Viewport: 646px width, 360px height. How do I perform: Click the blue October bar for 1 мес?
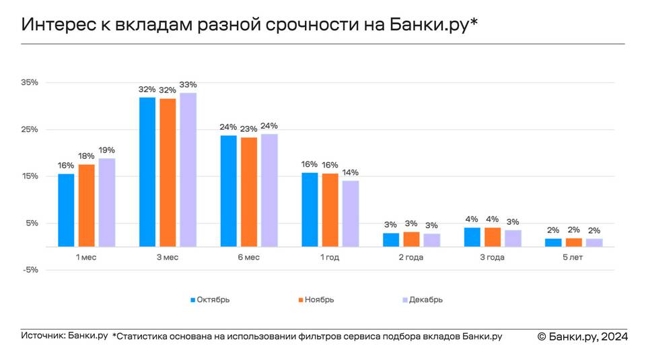pyautogui.click(x=66, y=210)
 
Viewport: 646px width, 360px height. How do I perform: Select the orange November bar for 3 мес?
pyautogui.click(x=168, y=172)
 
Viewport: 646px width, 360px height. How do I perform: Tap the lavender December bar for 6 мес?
pyautogui.click(x=269, y=190)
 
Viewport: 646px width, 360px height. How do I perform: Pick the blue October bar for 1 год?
pyautogui.click(x=310, y=209)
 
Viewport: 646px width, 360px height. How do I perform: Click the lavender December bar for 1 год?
pyautogui.click(x=351, y=213)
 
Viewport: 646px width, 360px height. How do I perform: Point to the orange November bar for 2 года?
pyautogui.click(x=411, y=239)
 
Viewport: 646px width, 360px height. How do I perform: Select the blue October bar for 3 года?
pyautogui.click(x=472, y=237)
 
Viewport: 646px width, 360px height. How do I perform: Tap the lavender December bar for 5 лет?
pyautogui.click(x=594, y=242)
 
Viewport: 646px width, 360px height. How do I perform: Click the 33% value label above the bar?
pyautogui.click(x=188, y=85)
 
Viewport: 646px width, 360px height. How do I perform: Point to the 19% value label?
pyautogui.click(x=106, y=150)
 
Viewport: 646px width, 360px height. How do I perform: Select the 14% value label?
pyautogui.click(x=351, y=173)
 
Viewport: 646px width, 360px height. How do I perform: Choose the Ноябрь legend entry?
pyautogui.click(x=315, y=299)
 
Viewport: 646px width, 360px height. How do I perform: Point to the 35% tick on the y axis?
pyautogui.click(x=30, y=82)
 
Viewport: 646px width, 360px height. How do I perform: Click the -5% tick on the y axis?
pyautogui.click(x=30, y=270)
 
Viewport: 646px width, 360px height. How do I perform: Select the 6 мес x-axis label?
pyautogui.click(x=249, y=258)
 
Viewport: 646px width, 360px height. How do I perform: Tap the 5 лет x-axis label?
pyautogui.click(x=574, y=258)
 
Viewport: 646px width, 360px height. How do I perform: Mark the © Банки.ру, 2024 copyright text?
pyautogui.click(x=582, y=336)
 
